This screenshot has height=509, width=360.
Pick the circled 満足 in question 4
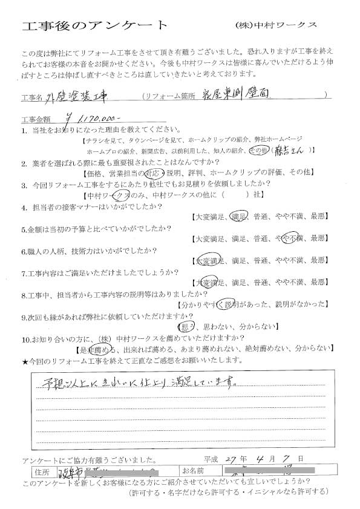(238, 216)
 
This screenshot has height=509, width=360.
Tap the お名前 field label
(192, 470)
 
